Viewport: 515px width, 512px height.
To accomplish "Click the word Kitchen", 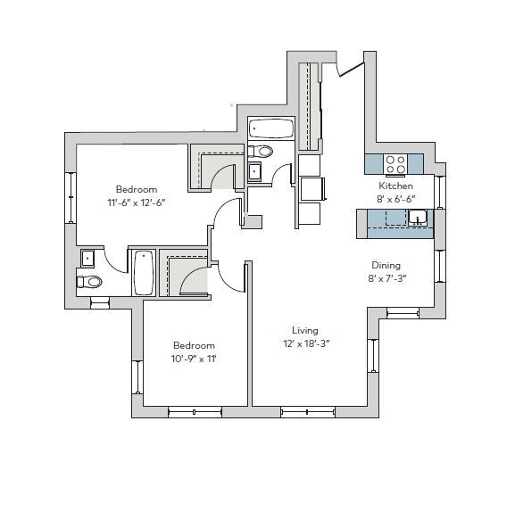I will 395,186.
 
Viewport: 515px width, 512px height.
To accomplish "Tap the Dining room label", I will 386,265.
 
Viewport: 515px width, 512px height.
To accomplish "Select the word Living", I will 304,330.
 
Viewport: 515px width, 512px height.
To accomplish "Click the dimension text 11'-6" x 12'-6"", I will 136,202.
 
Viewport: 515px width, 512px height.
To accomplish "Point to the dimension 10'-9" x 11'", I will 194,359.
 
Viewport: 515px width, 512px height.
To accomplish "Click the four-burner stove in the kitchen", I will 395,164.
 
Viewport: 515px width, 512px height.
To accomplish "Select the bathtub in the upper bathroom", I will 270,129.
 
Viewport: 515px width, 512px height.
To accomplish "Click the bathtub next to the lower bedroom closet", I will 143,273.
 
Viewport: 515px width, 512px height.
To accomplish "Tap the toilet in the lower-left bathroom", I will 90,283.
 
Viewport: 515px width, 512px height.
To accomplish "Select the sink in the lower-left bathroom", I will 87,259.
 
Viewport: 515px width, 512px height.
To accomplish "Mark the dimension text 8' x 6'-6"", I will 395,199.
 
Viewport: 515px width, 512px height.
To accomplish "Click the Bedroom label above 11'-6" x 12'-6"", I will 136,189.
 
